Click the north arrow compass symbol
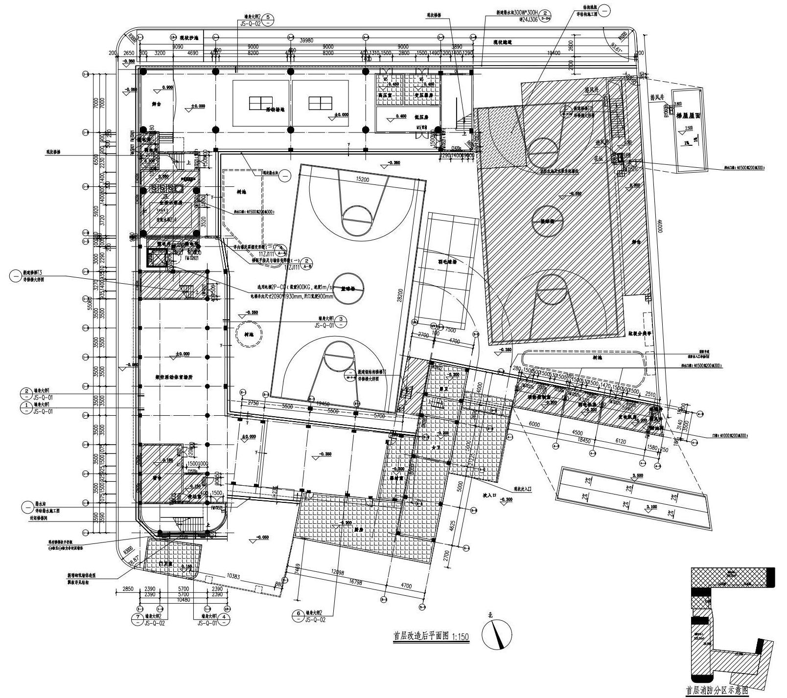[497, 636]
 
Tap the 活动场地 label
[275, 109]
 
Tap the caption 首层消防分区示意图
[717, 691]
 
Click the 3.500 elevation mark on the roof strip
[638, 475]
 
